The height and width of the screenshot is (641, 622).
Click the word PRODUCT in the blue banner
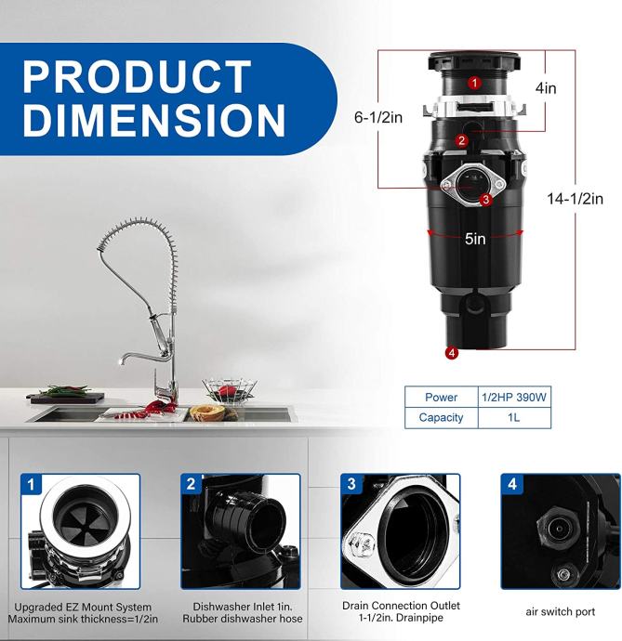[137, 76]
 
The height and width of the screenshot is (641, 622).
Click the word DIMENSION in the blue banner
[153, 120]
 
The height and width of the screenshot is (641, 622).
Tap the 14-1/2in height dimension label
[575, 199]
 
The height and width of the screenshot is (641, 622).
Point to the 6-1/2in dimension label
[378, 118]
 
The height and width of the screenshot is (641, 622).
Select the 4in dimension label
[546, 88]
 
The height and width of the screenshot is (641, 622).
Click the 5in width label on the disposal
[475, 239]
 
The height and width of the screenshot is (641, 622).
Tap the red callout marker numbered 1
[474, 83]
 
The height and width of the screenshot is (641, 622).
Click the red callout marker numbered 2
[461, 140]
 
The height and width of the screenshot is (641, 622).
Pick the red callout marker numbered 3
[485, 200]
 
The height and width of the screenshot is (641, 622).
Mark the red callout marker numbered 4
[452, 353]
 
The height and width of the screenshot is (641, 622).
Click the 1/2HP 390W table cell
[514, 397]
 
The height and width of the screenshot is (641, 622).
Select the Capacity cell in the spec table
[441, 418]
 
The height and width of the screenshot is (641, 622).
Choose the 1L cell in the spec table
[514, 418]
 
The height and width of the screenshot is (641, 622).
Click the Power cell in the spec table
[441, 397]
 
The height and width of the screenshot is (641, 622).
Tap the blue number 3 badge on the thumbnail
[351, 484]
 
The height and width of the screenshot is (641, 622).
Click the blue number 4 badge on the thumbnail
[511, 484]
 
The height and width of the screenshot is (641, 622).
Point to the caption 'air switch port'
[561, 612]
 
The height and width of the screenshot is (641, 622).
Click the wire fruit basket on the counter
[229, 390]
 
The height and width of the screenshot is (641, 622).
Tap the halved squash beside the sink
[209, 412]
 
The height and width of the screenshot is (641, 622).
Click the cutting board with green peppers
[66, 396]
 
